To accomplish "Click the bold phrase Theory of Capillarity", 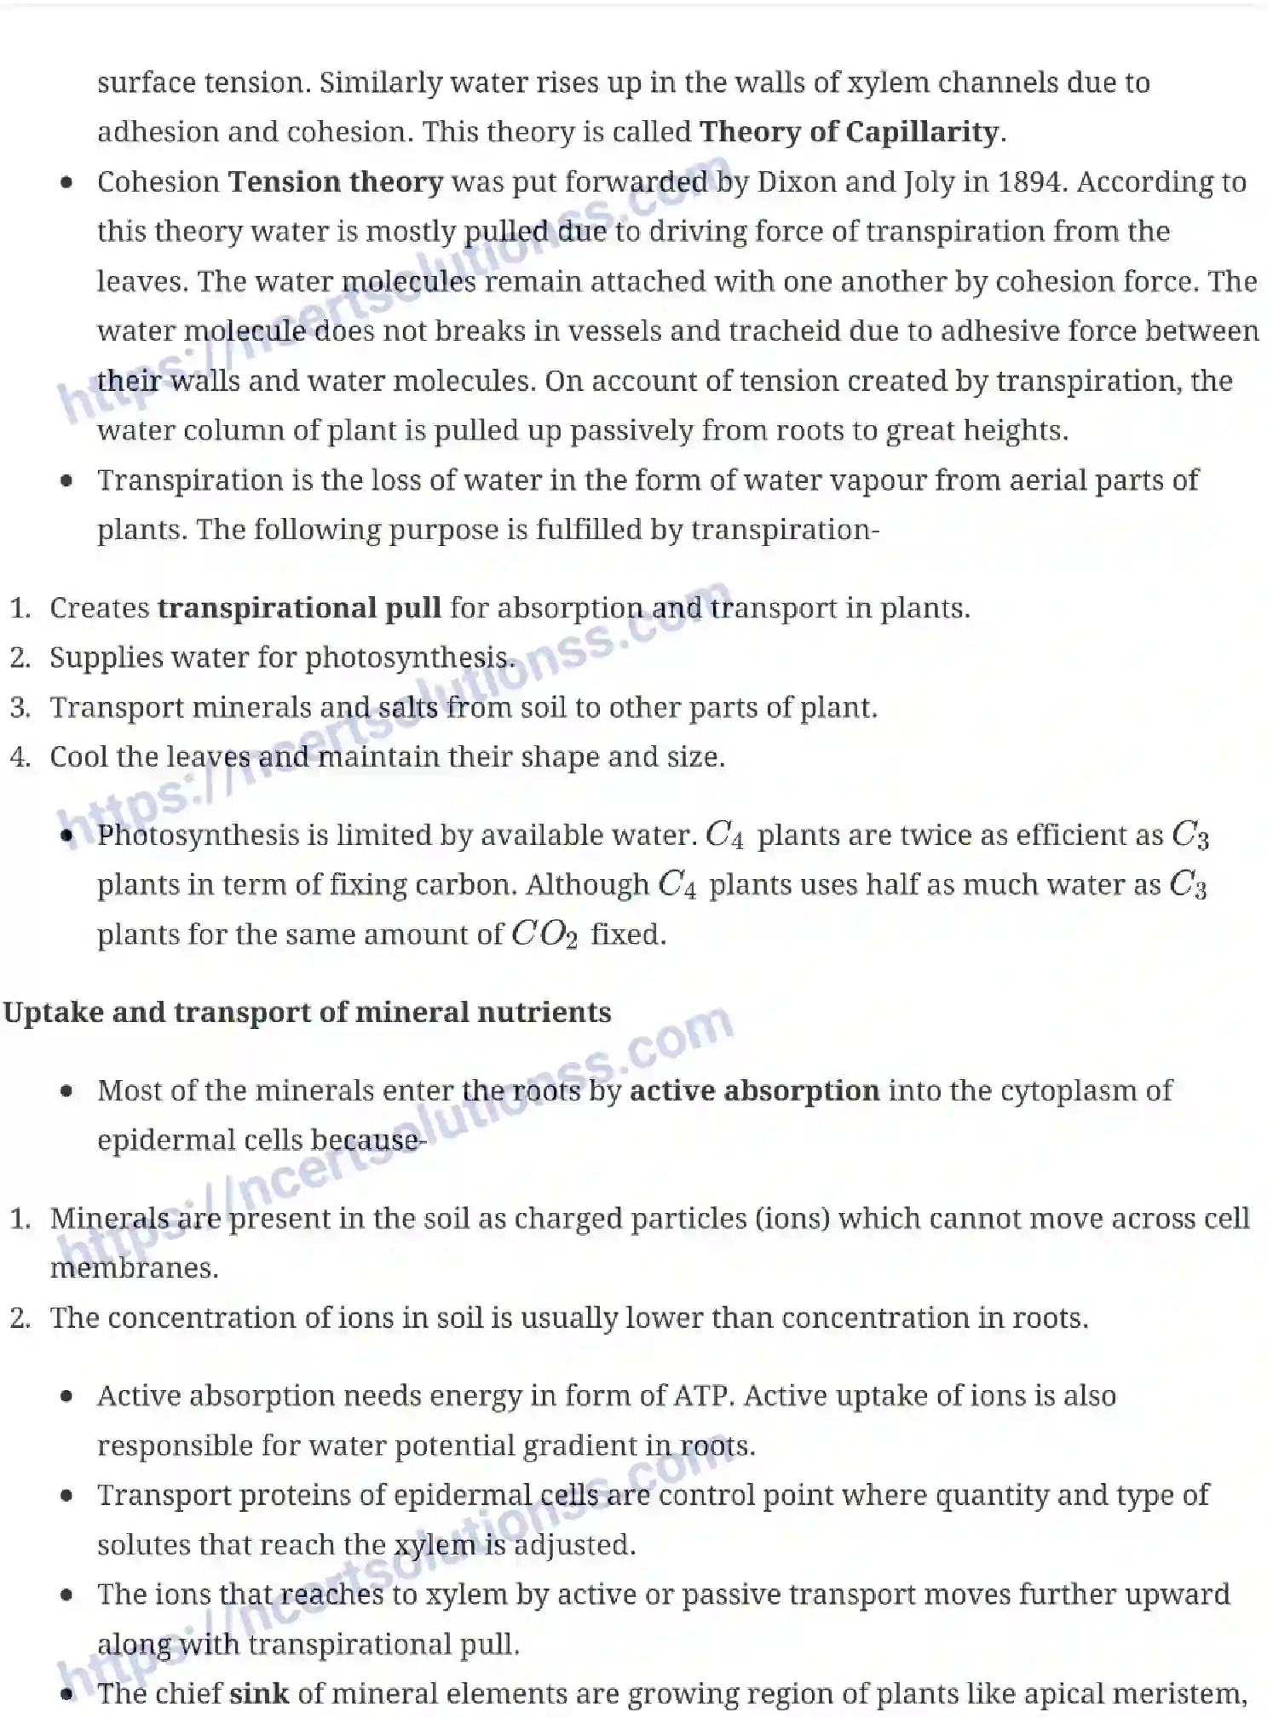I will [850, 132].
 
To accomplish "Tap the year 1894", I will [1029, 181].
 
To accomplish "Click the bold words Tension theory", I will [336, 181].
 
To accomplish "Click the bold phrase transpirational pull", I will [299, 608].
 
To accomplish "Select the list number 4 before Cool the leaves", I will [20, 757].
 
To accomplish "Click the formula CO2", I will [544, 934].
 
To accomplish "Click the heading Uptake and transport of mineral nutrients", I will [307, 1012].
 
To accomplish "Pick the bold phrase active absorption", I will [754, 1091].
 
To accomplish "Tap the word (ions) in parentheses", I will [792, 1219].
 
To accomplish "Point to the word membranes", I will [134, 1268].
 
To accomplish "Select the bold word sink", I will [259, 1693].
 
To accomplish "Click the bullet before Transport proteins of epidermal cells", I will [67, 1497].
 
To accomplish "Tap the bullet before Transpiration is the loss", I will [67, 481].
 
